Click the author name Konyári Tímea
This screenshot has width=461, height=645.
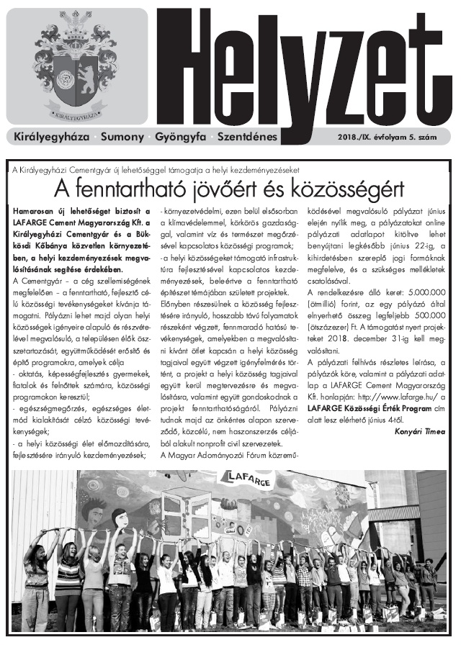pyautogui.click(x=425, y=431)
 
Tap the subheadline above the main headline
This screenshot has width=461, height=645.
pyautogui.click(x=155, y=169)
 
